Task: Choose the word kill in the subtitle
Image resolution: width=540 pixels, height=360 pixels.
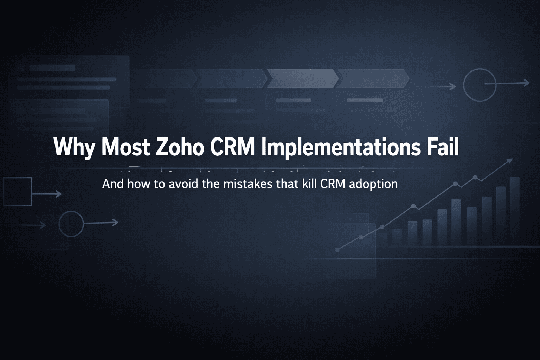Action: [310, 184]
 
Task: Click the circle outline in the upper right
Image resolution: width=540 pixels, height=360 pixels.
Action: [480, 85]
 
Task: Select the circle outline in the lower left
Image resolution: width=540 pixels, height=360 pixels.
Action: [71, 224]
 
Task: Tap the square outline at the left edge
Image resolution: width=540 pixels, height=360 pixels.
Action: [18, 192]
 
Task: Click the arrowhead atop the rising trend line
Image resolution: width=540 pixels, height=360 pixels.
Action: [509, 161]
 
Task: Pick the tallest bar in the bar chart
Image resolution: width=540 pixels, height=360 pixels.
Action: [514, 211]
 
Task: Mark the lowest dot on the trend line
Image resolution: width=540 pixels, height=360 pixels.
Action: [337, 250]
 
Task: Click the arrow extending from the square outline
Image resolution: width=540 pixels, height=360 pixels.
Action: [47, 194]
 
